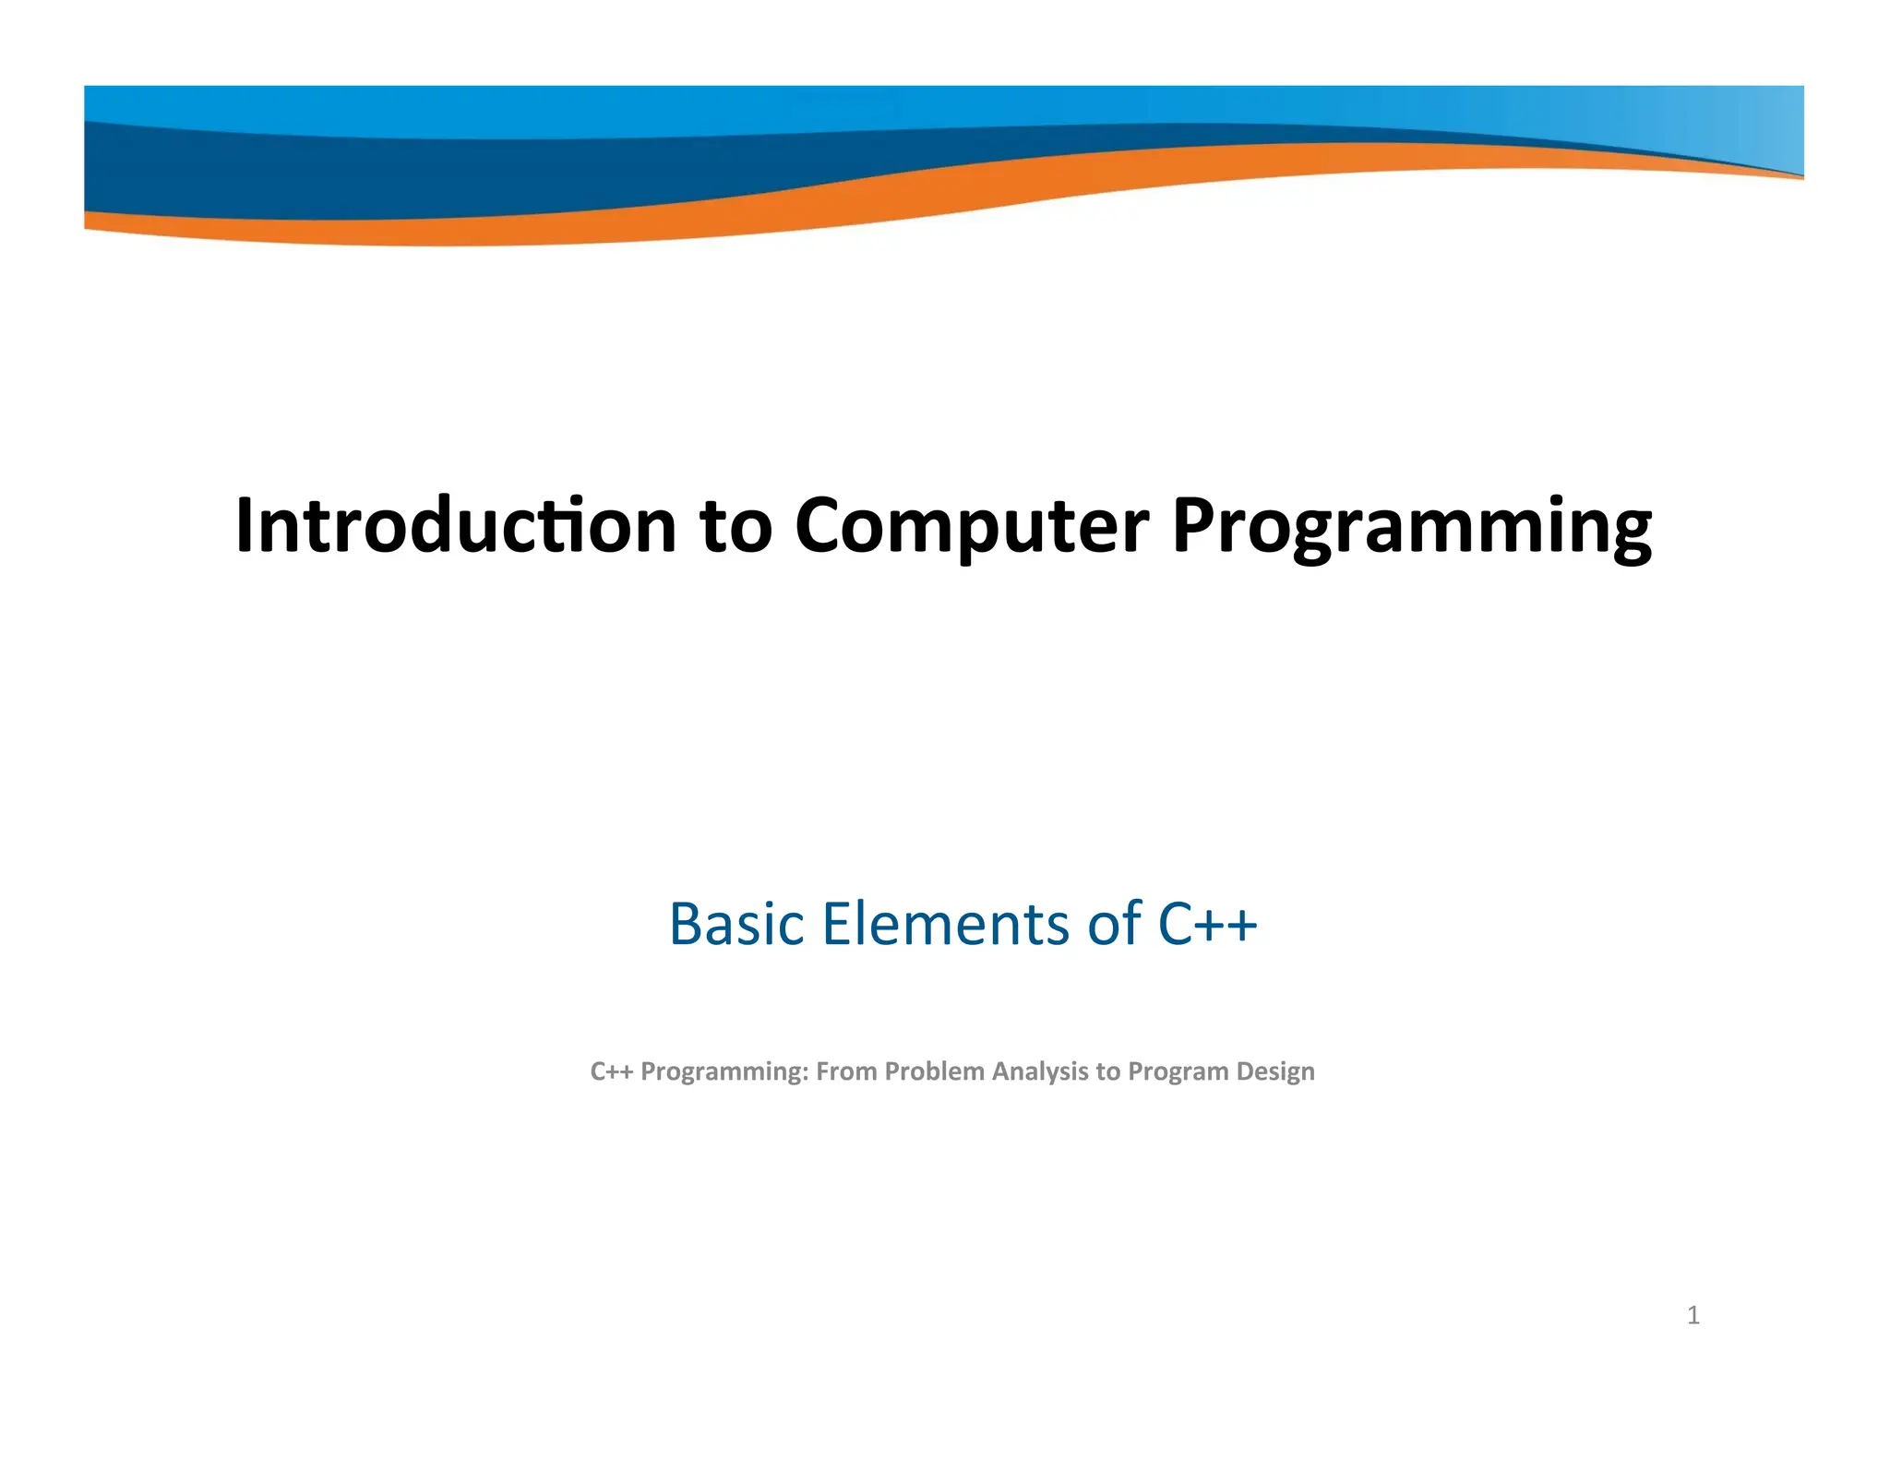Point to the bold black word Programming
(x=1411, y=528)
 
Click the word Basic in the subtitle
(x=736, y=924)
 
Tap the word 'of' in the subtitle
(x=1115, y=924)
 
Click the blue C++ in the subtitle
(x=1207, y=924)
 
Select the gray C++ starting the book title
(x=611, y=1071)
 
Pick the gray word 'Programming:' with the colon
(x=724, y=1072)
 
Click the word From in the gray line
(x=846, y=1071)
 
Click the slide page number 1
(x=1693, y=1315)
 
